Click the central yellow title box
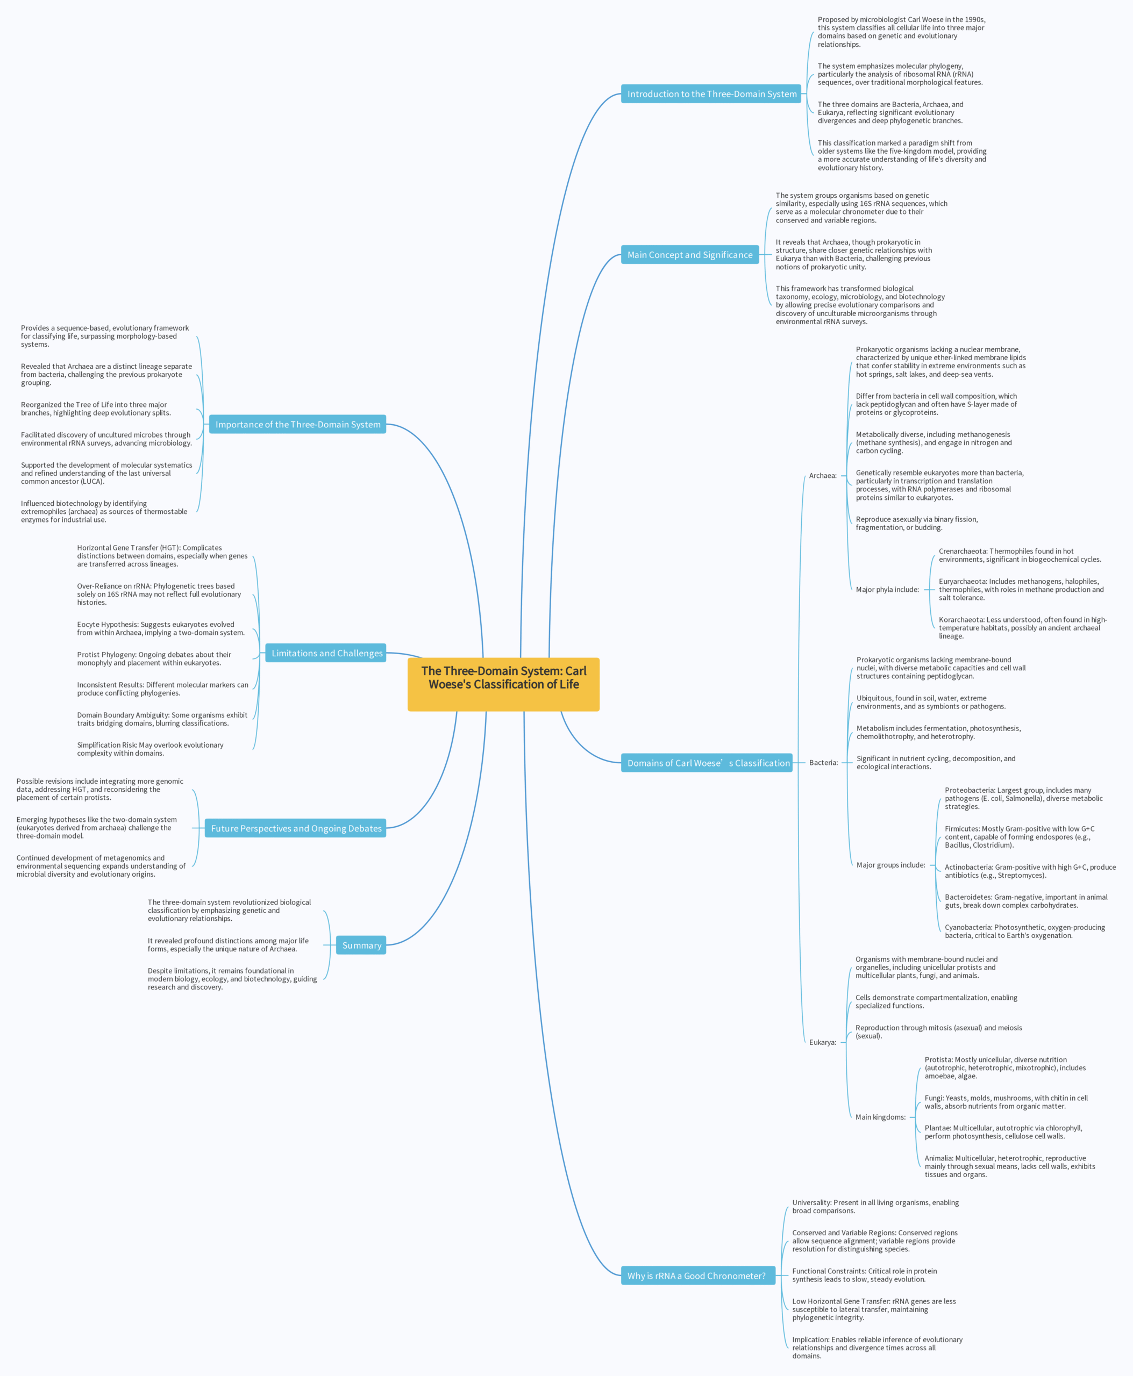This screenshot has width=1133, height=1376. coord(503,684)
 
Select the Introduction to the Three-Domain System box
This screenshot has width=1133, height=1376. coord(711,94)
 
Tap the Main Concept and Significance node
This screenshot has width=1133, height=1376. coord(690,254)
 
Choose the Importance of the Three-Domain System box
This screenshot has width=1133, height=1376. coord(297,424)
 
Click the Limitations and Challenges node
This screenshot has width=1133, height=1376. coord(326,653)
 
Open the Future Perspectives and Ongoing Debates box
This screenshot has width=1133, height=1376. coord(296,828)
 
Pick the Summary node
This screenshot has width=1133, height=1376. coord(361,945)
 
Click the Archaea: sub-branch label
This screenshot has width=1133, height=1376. coord(823,476)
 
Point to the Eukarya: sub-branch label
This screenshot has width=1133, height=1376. coord(822,1043)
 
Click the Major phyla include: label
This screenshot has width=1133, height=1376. coord(887,590)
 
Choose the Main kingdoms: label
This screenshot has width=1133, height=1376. coord(880,1117)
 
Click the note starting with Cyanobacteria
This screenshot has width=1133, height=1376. coord(1025,931)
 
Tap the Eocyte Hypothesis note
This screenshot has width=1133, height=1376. coord(161,628)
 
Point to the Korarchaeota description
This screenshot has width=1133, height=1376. coord(1023,628)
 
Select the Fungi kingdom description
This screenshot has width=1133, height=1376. coord(1006,1102)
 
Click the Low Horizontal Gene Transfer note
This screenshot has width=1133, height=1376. coord(874,1309)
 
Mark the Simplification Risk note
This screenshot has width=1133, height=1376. coord(150,749)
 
